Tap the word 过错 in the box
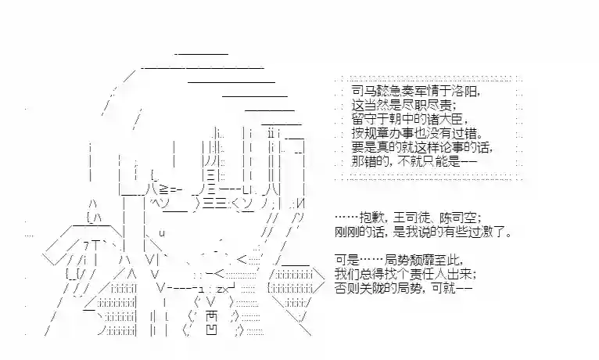(x=461, y=134)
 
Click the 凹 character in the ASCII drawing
(x=210, y=331)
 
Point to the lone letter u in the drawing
(x=162, y=232)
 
